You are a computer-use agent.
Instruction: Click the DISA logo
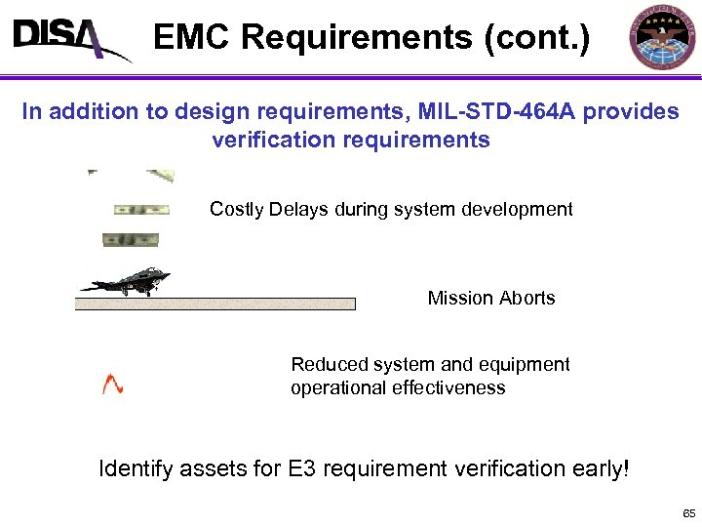pyautogui.click(x=68, y=39)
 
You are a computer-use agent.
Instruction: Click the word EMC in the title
pyautogui.click(x=192, y=38)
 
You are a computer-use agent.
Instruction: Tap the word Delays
pyautogui.click(x=297, y=209)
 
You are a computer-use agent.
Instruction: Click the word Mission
pyautogui.click(x=459, y=298)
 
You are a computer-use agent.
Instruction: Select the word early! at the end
pyautogui.click(x=599, y=469)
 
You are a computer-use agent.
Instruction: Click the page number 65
pyautogui.click(x=688, y=513)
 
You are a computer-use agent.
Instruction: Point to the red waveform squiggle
pyautogui.click(x=113, y=384)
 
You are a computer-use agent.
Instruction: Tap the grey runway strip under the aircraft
pyautogui.click(x=214, y=304)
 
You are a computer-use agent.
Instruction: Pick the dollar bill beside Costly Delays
pyautogui.click(x=141, y=209)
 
